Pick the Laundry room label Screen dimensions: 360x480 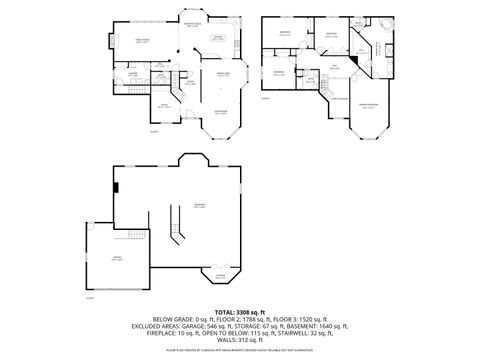point(132,73)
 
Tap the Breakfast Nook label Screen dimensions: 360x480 point(191,26)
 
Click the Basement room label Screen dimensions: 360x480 point(200,206)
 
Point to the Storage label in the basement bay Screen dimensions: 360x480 point(219,274)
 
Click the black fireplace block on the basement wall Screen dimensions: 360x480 point(116,185)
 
